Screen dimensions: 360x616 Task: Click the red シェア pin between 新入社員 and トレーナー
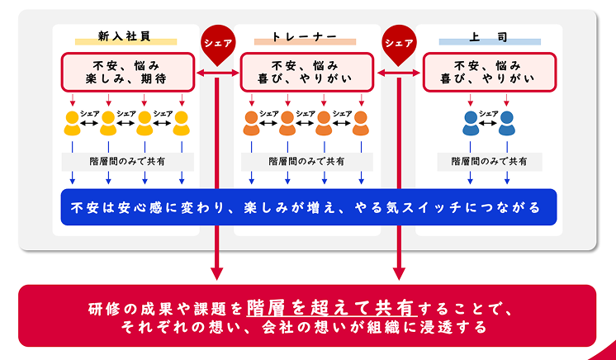click(218, 45)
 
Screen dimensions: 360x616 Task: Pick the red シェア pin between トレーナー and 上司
click(399, 45)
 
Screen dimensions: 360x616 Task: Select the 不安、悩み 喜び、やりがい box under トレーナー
click(306, 72)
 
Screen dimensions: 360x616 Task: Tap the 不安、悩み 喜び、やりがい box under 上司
click(489, 72)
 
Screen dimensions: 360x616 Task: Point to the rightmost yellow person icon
click(182, 124)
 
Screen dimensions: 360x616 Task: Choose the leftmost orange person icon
click(251, 124)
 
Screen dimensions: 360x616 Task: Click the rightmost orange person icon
click(360, 124)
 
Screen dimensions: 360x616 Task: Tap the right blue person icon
click(508, 124)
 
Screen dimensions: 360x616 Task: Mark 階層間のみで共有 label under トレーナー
click(306, 161)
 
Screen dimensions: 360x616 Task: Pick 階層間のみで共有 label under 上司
click(489, 161)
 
